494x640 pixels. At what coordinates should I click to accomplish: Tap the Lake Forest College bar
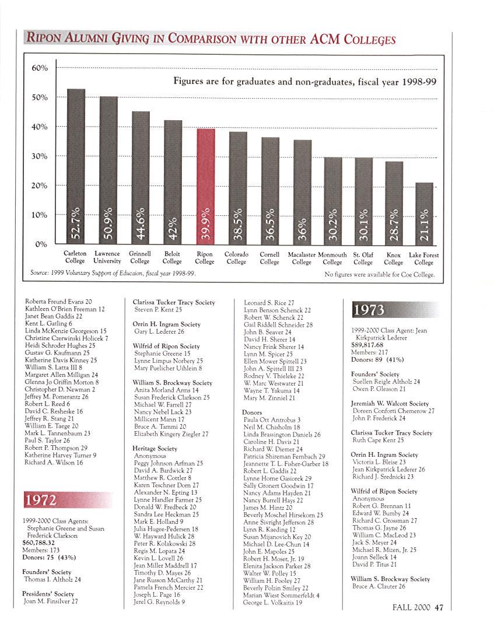(424, 213)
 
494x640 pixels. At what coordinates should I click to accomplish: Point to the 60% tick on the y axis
(40, 68)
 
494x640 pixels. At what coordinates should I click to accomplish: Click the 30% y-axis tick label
(40, 156)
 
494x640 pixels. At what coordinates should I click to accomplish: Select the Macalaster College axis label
(302, 258)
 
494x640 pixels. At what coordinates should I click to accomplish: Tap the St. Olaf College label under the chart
(363, 258)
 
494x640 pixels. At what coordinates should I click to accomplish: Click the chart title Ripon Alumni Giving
(209, 40)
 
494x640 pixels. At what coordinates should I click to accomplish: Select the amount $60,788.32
(40, 542)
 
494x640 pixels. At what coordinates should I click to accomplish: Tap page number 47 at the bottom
(439, 607)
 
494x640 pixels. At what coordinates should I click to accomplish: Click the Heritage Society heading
(155, 449)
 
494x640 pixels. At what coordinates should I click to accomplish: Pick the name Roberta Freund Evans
(58, 302)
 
